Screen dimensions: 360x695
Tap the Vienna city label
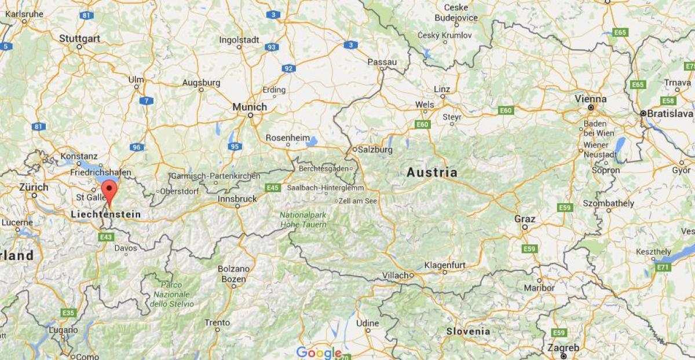coord(590,99)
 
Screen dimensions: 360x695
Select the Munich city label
coord(250,107)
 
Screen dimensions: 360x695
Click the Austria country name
coord(431,172)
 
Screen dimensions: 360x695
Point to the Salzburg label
coord(375,149)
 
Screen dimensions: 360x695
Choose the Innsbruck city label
coord(237,199)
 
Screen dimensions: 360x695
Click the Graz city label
coord(525,219)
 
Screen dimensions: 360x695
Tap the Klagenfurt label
coord(445,265)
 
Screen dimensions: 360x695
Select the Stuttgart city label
coord(79,39)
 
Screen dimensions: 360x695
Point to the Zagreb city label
coord(564,348)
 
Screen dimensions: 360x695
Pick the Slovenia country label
coord(468,332)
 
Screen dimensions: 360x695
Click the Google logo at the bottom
coord(319,352)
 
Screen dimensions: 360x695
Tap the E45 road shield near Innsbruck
coord(272,187)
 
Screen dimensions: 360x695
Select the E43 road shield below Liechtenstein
coord(106,237)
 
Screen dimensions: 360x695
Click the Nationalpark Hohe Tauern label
coord(303,219)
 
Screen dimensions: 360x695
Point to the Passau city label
coord(382,62)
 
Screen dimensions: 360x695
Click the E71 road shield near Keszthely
coord(663,267)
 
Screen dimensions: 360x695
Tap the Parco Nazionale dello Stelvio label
coord(173,294)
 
